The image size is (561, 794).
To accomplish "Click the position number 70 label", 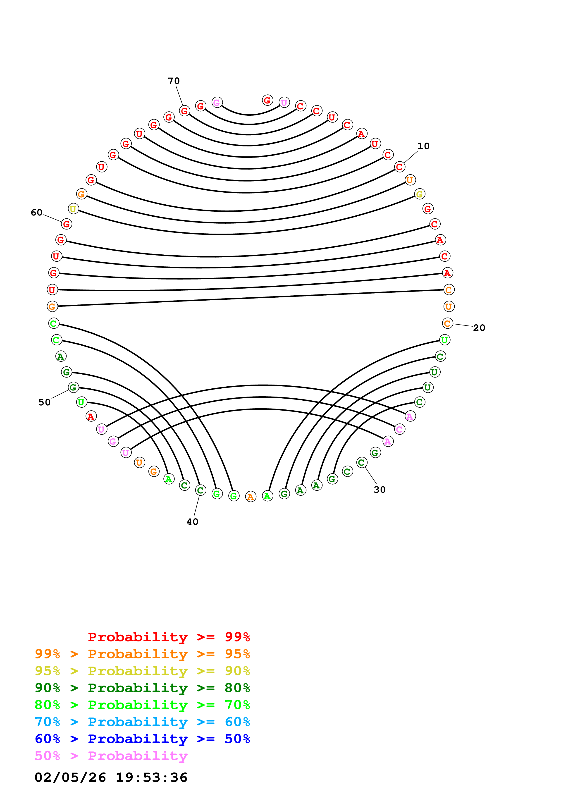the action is click(174, 81).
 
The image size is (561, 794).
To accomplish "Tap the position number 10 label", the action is click(423, 146).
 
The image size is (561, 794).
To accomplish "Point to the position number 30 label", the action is click(380, 490).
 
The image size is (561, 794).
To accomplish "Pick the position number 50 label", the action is click(44, 402).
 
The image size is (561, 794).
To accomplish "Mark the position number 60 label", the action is click(37, 212).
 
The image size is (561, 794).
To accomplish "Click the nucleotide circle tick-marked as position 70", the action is click(185, 111).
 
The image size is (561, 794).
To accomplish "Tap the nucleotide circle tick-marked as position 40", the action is click(201, 490).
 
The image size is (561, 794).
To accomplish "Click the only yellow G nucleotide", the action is click(420, 194).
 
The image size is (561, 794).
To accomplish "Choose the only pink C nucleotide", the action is click(400, 429).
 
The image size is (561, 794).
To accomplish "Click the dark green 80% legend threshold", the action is click(237, 688).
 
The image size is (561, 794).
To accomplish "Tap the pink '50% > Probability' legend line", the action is click(111, 756).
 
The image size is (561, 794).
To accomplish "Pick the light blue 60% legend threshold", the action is click(237, 722).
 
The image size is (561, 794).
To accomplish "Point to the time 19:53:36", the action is click(151, 777).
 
